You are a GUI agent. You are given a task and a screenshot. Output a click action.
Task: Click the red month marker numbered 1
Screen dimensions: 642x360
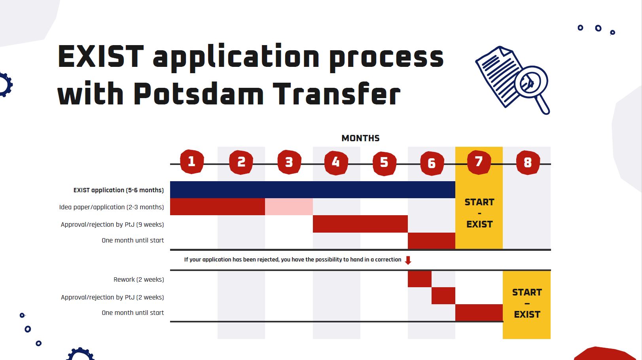(x=192, y=162)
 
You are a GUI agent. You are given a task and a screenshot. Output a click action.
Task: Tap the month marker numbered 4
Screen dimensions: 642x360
(x=336, y=163)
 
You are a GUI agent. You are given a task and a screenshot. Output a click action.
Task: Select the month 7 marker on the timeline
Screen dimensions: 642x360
(x=479, y=162)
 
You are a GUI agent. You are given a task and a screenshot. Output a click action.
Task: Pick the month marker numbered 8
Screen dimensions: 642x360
(x=528, y=163)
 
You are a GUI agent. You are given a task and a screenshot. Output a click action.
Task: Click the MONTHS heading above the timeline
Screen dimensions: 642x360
(x=360, y=138)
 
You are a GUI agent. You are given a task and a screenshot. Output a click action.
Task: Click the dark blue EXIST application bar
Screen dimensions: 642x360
(x=312, y=189)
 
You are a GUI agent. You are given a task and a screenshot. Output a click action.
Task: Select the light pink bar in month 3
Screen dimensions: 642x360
(x=289, y=207)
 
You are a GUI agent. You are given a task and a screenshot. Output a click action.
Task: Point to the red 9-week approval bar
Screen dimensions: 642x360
(x=360, y=224)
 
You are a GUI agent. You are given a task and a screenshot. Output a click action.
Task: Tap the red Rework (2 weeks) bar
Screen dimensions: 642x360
(x=420, y=279)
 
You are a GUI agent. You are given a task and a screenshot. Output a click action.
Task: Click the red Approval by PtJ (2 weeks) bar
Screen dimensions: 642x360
(x=443, y=296)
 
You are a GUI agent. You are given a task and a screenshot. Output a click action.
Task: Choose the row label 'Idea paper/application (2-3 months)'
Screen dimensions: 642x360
(x=112, y=207)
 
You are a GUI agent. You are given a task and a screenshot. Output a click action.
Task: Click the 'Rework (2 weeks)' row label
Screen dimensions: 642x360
(x=139, y=279)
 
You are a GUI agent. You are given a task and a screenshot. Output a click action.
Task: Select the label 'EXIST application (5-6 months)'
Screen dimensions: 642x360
(x=119, y=190)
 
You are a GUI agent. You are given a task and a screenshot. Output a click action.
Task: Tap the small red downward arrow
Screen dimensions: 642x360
(x=408, y=260)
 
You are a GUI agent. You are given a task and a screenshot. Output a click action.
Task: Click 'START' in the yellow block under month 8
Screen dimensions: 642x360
(x=527, y=292)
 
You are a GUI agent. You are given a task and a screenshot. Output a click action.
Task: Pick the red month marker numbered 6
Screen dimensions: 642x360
(x=432, y=163)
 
